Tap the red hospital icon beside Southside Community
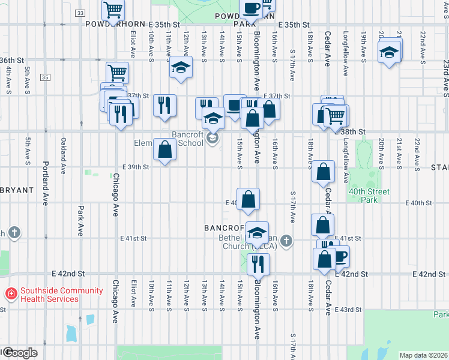click(10, 294)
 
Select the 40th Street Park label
click(369, 196)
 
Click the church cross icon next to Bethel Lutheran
click(287, 241)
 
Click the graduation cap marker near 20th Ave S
click(389, 52)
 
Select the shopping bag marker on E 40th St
click(248, 199)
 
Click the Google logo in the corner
click(19, 353)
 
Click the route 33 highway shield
click(80, 13)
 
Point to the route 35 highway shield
click(46, 77)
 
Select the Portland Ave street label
click(45, 183)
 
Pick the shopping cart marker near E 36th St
click(118, 73)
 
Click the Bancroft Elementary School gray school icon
click(211, 139)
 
